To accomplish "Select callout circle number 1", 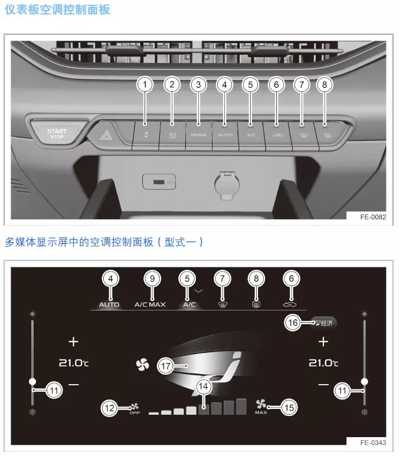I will tap(145, 85).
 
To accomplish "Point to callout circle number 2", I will tap(172, 85).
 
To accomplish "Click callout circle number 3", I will tap(198, 85).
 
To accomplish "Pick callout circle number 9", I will tap(152, 278).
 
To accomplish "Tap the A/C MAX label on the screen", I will tap(150, 305).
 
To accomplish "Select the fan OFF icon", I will tap(134, 408).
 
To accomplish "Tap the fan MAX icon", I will tap(261, 406).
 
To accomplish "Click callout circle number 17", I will tap(167, 366).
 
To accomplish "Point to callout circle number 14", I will tap(204, 386).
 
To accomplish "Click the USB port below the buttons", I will tap(159, 182).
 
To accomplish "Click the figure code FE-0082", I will tap(373, 217).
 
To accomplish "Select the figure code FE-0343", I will tap(373, 442).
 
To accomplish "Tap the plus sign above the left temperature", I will tap(73, 342).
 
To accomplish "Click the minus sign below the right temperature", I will tap(323, 385).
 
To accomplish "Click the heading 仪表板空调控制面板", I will tap(57, 10).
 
